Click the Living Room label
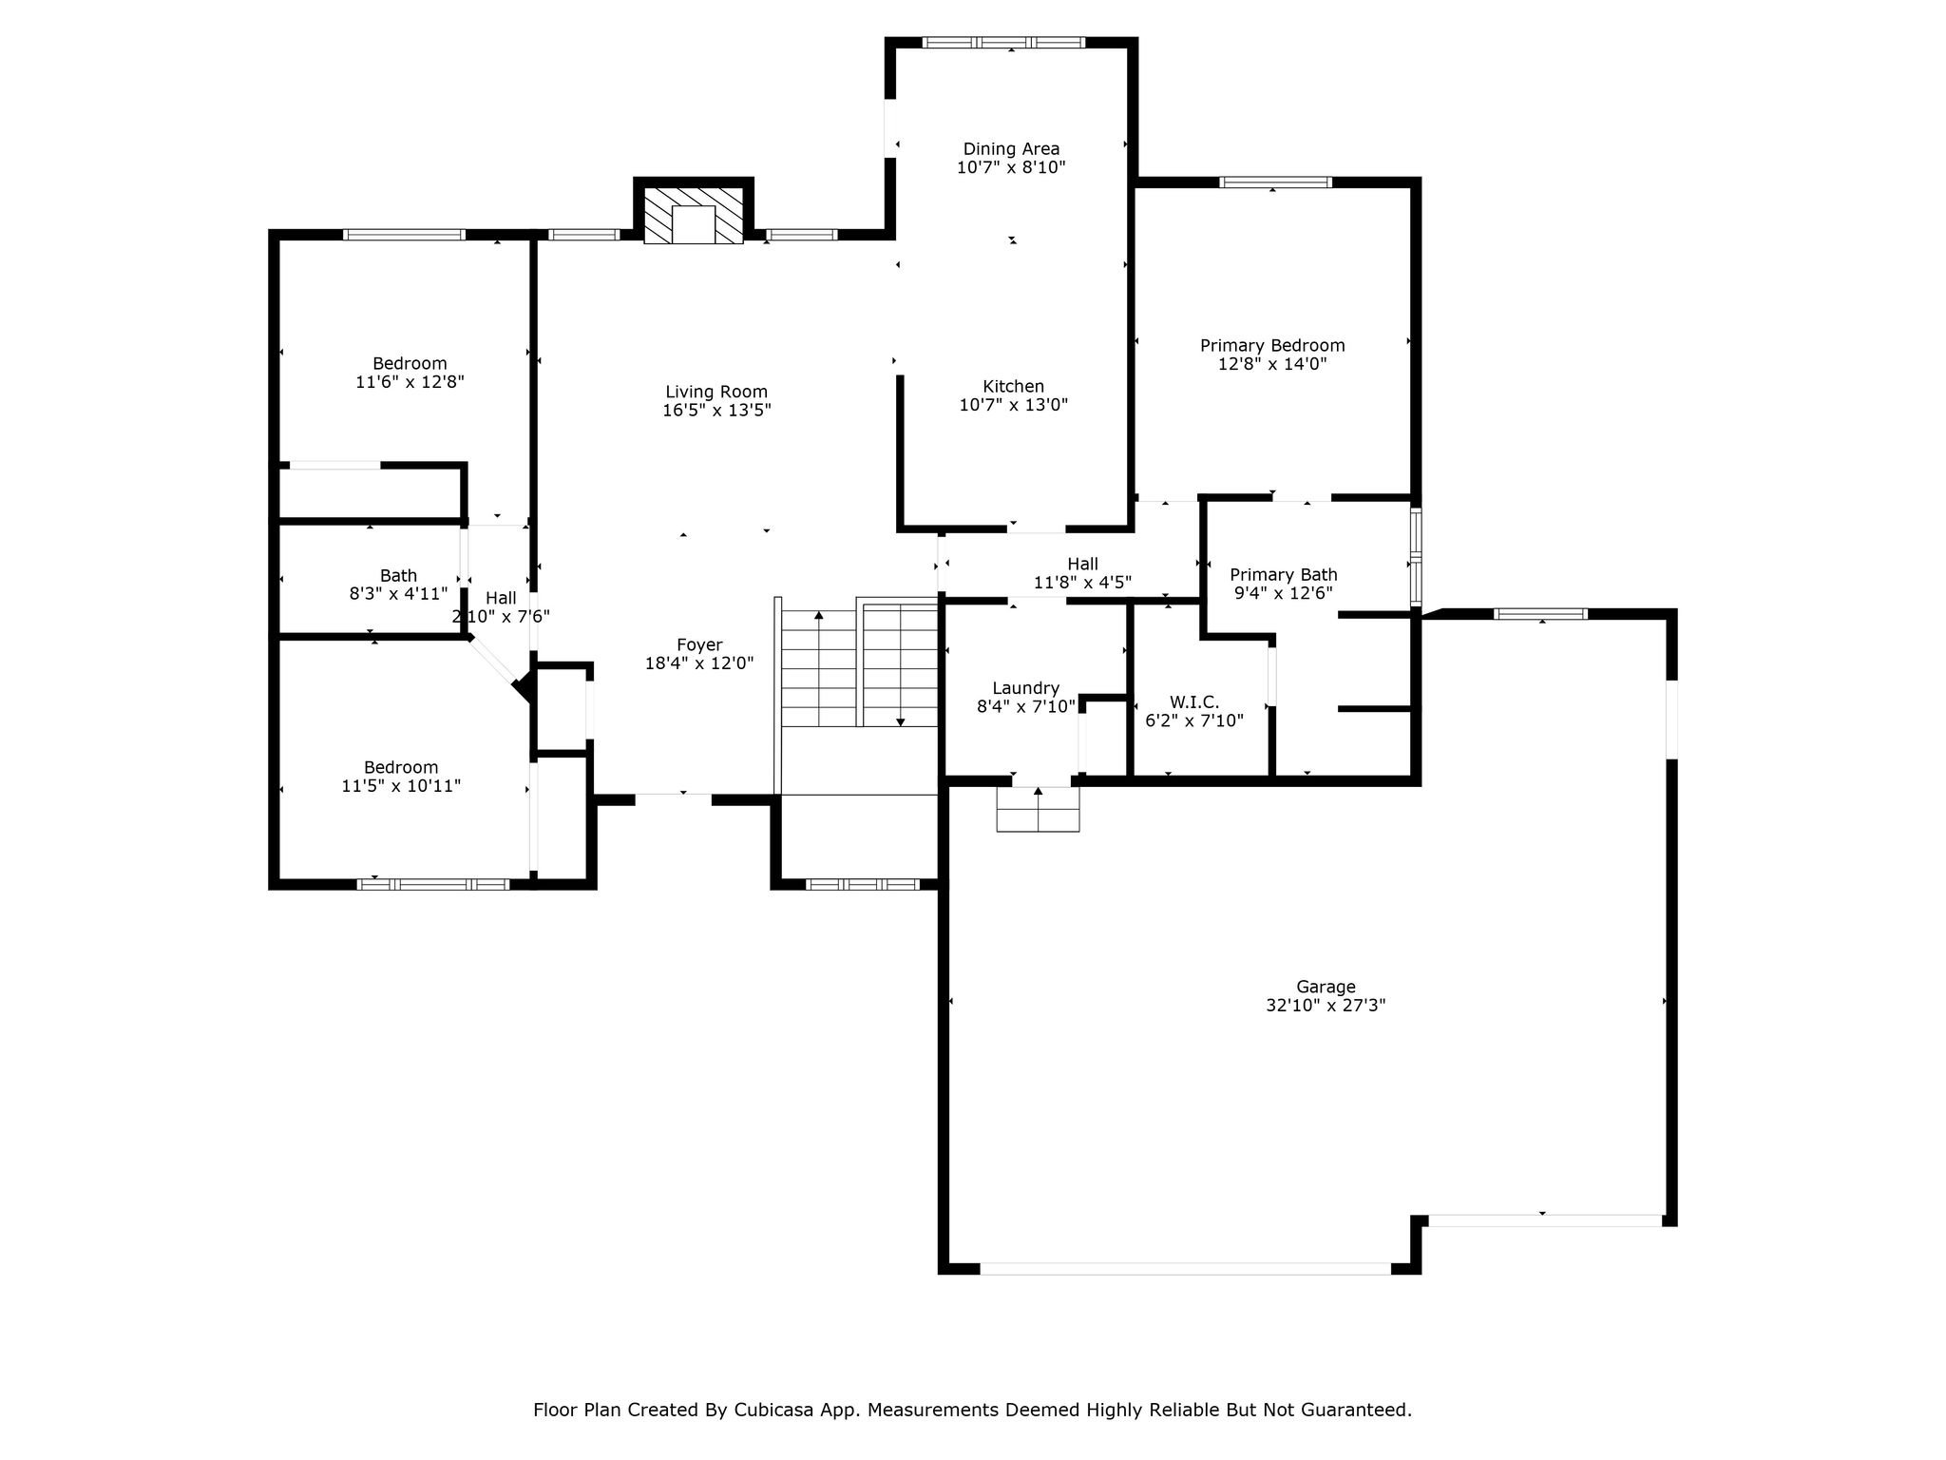(716, 392)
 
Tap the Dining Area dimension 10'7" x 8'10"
(1011, 167)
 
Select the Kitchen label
(1013, 386)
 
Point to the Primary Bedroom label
(1272, 345)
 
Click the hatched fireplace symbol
(694, 216)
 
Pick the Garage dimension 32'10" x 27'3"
(1326, 1005)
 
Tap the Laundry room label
(1025, 688)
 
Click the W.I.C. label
(1193, 702)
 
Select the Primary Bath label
(1284, 574)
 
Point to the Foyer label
(699, 644)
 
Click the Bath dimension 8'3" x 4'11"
(398, 594)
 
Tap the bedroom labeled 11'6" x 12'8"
(410, 363)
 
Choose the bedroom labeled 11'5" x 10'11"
(401, 767)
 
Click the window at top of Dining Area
(1003, 42)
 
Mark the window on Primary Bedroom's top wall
(1275, 182)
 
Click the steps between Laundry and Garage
(1038, 809)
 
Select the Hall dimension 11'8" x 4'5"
(1082, 583)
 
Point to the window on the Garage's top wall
(1540, 614)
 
